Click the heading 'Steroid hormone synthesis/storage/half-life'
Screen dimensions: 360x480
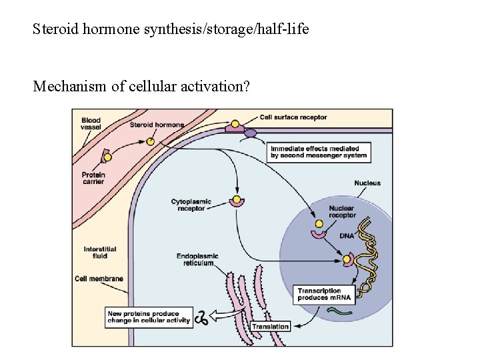pyautogui.click(x=171, y=30)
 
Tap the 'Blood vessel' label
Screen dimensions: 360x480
pyautogui.click(x=91, y=123)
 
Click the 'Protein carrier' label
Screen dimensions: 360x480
pyautogui.click(x=93, y=178)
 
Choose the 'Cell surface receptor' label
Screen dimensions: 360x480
pyautogui.click(x=293, y=117)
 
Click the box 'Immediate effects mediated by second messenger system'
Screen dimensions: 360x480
pyautogui.click(x=318, y=153)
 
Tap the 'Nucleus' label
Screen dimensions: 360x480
pyautogui.click(x=367, y=183)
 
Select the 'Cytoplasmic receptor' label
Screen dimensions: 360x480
pyautogui.click(x=191, y=204)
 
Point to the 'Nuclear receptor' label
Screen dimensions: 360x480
pyautogui.click(x=342, y=212)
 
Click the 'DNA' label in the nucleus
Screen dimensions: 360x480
pyautogui.click(x=347, y=236)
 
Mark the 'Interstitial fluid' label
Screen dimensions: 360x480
pyautogui.click(x=95, y=252)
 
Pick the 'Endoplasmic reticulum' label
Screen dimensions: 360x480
pyautogui.click(x=197, y=259)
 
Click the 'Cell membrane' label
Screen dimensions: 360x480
pyautogui.click(x=99, y=279)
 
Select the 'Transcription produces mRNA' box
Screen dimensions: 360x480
pyautogui.click(x=324, y=295)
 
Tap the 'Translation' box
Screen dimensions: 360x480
pyautogui.click(x=271, y=327)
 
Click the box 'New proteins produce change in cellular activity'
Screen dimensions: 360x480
pyautogui.click(x=149, y=317)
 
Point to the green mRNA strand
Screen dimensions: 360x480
pyautogui.click(x=344, y=310)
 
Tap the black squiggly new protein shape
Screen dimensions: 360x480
pyautogui.click(x=201, y=318)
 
